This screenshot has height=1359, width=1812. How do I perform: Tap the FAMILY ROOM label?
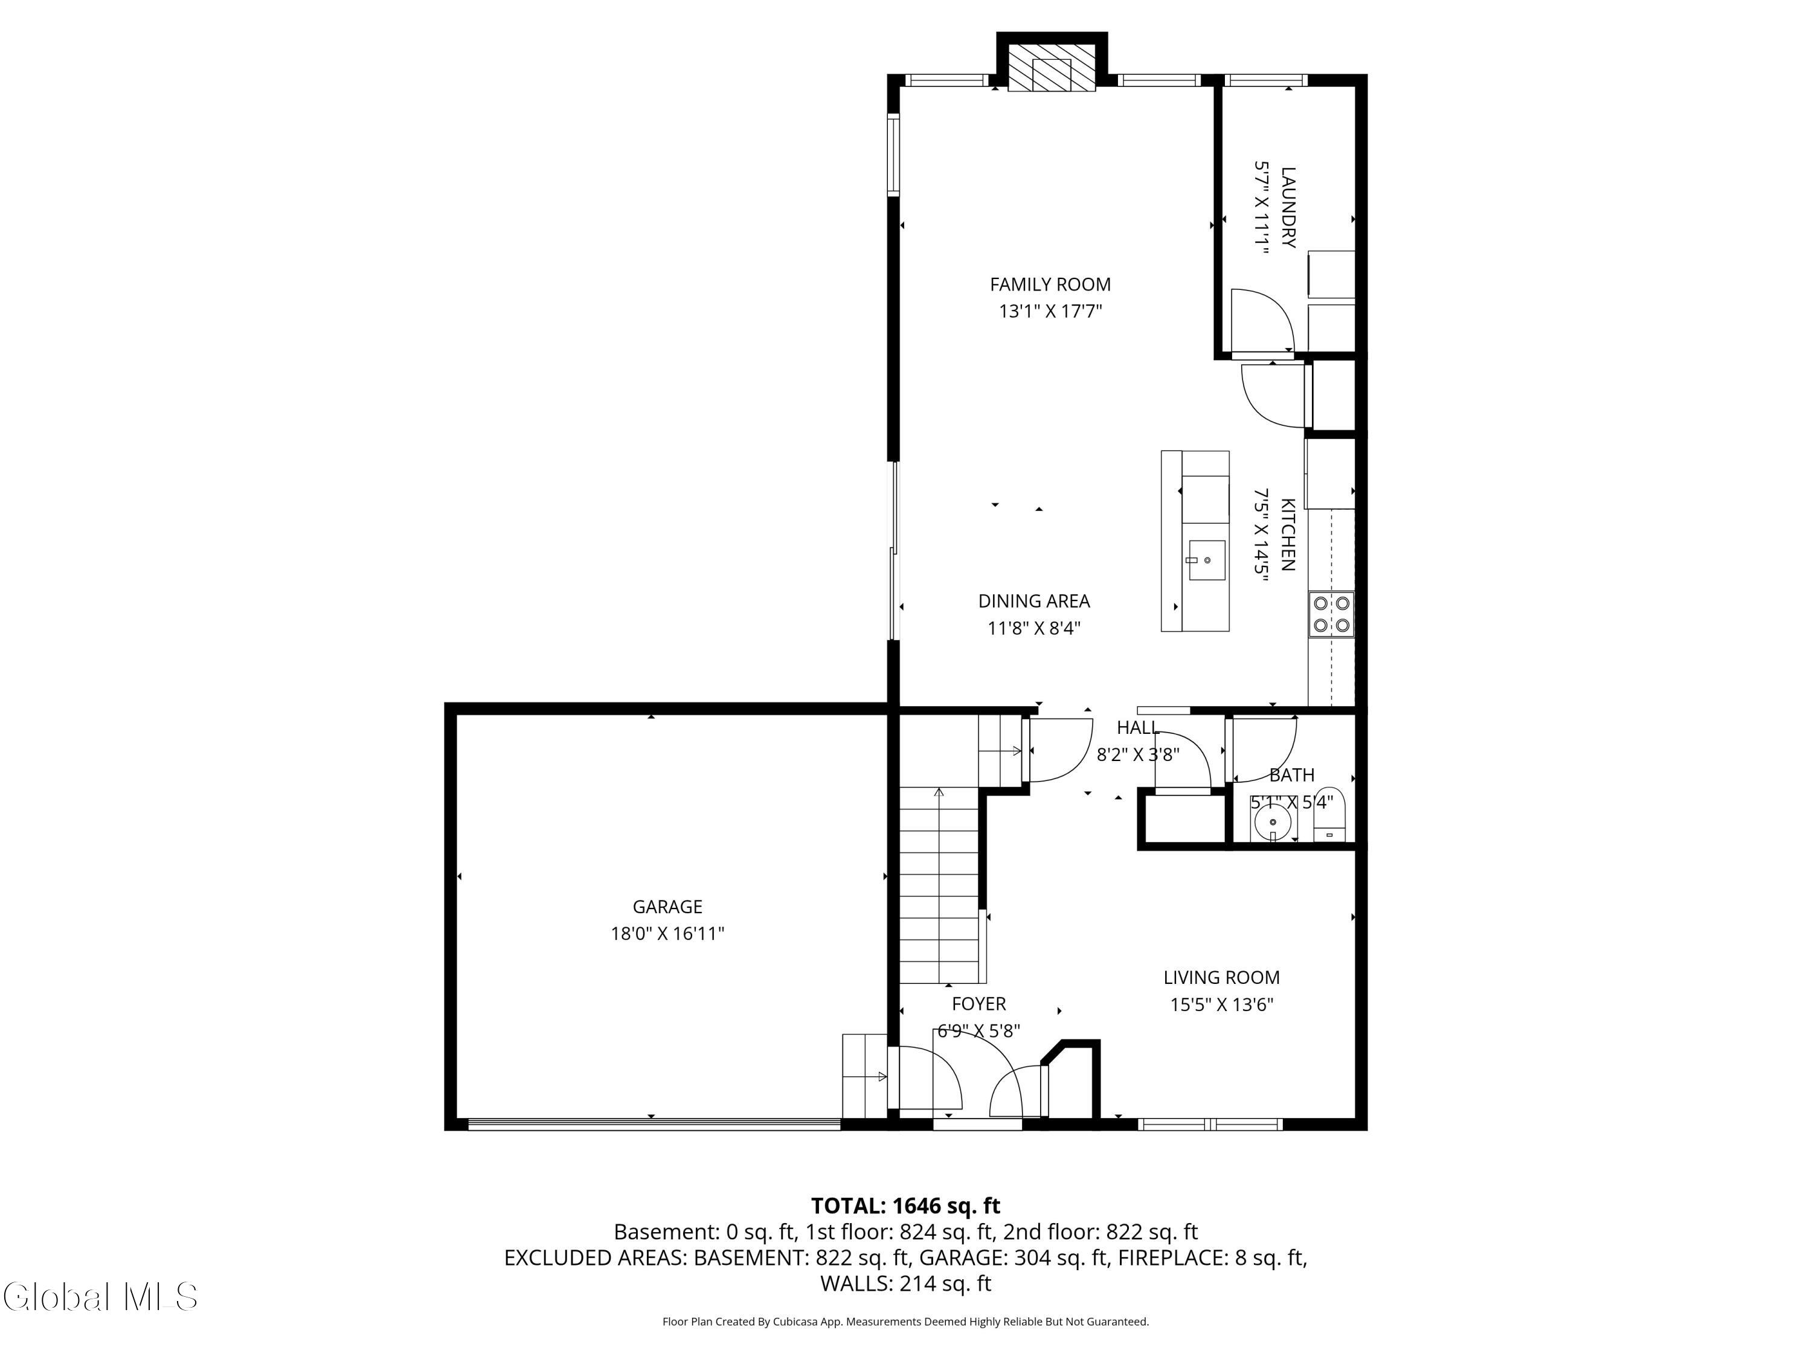click(1050, 284)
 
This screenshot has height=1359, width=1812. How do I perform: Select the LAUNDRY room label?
click(1288, 207)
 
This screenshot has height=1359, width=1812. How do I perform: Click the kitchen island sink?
click(1207, 561)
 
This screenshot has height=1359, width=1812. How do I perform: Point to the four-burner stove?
click(1331, 614)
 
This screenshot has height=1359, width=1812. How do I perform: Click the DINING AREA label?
click(1034, 601)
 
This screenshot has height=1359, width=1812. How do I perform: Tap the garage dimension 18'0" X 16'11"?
click(667, 933)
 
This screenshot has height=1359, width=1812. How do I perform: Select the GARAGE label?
click(667, 906)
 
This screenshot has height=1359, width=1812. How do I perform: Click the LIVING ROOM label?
click(1221, 977)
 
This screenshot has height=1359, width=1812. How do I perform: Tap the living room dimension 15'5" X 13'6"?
click(1221, 1004)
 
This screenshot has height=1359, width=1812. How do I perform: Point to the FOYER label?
click(979, 1003)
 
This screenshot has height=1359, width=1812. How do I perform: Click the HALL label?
click(1138, 727)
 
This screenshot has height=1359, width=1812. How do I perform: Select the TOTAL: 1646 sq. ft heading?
click(905, 1206)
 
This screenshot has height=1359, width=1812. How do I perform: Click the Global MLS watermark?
click(100, 1297)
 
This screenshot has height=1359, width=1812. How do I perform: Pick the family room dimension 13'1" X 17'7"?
click(1050, 311)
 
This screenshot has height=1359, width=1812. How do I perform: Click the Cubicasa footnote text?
click(905, 1322)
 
